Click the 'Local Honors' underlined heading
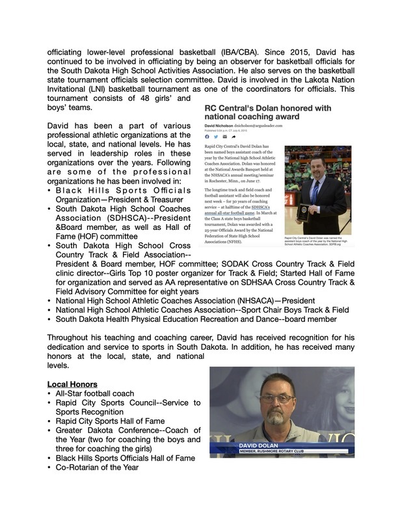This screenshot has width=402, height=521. tap(72, 384)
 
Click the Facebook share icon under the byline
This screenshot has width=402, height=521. tap(207, 137)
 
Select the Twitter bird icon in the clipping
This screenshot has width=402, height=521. tap(215, 137)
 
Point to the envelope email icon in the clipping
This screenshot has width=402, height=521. tap(224, 137)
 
